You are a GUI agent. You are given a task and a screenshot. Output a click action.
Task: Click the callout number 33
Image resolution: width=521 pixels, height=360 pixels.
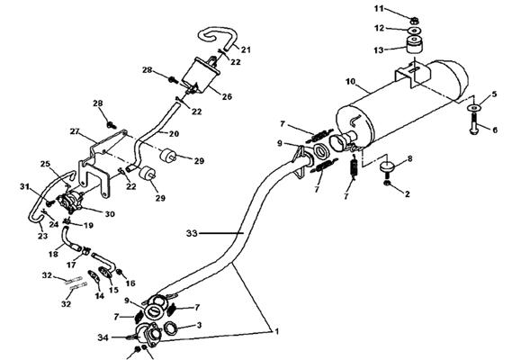[x=192, y=233]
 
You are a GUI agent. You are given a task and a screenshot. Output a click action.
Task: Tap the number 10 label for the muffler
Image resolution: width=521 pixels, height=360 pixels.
[x=351, y=81]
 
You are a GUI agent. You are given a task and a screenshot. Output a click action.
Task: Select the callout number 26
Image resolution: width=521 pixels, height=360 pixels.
[x=227, y=96]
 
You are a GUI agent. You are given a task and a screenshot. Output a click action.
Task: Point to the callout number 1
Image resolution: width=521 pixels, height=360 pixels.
[x=276, y=331]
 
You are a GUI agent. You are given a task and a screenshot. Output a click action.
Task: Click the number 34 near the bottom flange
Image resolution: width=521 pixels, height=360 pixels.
[x=103, y=337]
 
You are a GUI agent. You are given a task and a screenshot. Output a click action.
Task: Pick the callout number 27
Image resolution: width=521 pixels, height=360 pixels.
[x=75, y=131]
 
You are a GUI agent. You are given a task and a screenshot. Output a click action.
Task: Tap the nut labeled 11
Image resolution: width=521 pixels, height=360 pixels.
[x=414, y=22]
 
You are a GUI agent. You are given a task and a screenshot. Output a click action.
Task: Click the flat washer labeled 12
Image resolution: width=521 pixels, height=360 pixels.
[x=414, y=31]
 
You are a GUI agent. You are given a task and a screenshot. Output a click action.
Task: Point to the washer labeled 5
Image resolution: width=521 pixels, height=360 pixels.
[x=473, y=108]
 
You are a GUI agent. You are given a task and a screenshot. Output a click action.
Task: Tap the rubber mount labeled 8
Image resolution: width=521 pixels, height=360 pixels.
[x=386, y=166]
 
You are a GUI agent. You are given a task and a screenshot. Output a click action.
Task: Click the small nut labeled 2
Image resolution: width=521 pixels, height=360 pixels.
[x=387, y=184]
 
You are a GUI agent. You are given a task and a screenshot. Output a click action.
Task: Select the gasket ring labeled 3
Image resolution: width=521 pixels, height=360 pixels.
[x=170, y=328]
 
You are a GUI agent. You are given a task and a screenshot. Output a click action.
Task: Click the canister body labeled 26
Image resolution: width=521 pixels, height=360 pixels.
[x=201, y=76]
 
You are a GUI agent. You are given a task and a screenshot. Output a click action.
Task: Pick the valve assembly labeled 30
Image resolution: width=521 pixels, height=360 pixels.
[x=70, y=202]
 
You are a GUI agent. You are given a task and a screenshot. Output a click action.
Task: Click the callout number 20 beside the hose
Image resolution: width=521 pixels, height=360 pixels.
[x=174, y=134]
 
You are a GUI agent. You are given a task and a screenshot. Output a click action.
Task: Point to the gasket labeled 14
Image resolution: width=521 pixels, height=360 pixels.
[x=94, y=277]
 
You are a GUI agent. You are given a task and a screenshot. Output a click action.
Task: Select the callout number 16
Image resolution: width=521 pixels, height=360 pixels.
[x=130, y=283]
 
